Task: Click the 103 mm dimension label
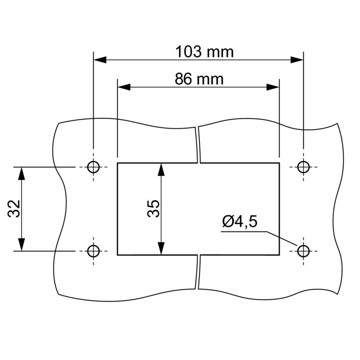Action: (x=205, y=52)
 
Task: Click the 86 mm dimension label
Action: (x=199, y=79)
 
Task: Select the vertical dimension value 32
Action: (x=15, y=209)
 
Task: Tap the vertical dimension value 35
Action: (x=154, y=209)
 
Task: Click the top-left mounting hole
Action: (x=93, y=167)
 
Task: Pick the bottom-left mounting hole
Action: (x=93, y=251)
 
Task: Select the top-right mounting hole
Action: (x=304, y=167)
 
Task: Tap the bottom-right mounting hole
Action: (x=304, y=251)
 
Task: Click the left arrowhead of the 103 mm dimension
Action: (x=99, y=59)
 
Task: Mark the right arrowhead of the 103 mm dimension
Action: (x=297, y=59)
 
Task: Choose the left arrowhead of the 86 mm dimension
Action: (x=124, y=87)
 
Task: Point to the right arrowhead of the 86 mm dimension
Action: (x=273, y=87)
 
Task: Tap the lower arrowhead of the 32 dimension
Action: (x=21, y=244)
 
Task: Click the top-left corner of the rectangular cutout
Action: (x=117, y=163)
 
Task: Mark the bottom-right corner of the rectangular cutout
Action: (x=279, y=255)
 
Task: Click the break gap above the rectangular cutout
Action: (x=198, y=144)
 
